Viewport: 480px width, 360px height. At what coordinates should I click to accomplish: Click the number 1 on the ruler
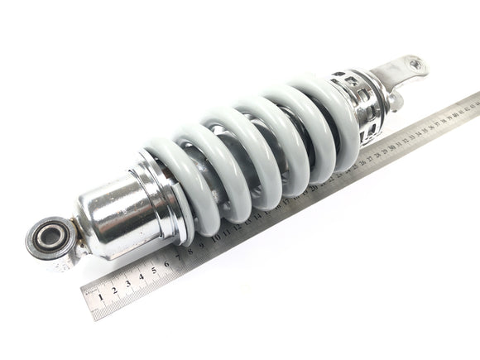pos(101,295)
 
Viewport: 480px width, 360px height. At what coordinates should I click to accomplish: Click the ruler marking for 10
pos(217,238)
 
